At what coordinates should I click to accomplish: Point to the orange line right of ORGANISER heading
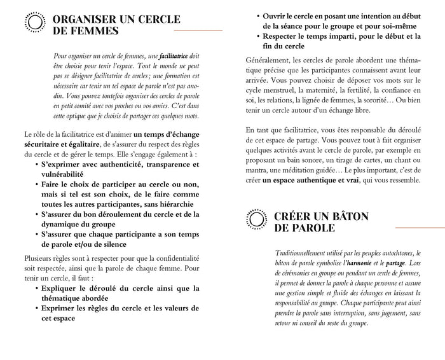click(x=198, y=31)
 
